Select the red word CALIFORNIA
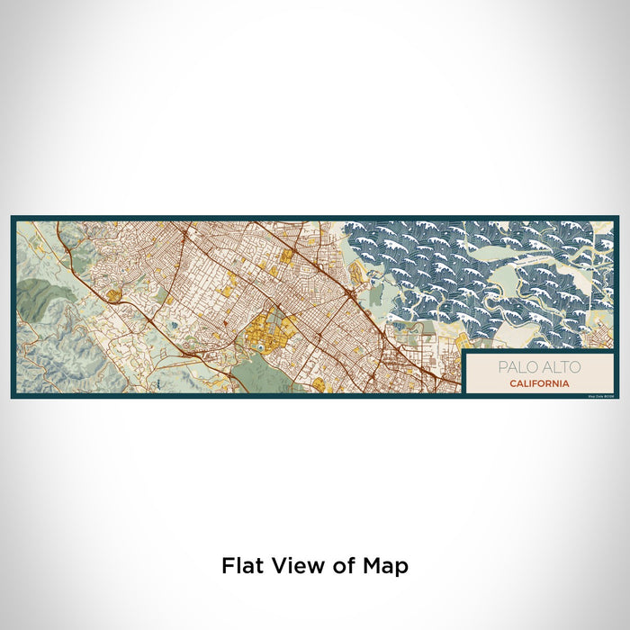538,382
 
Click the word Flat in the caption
243,566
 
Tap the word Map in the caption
382,566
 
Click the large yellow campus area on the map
265,328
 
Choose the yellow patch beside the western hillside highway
113,294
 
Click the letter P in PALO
500,367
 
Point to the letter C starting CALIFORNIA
511,382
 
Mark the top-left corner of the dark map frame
13,217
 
